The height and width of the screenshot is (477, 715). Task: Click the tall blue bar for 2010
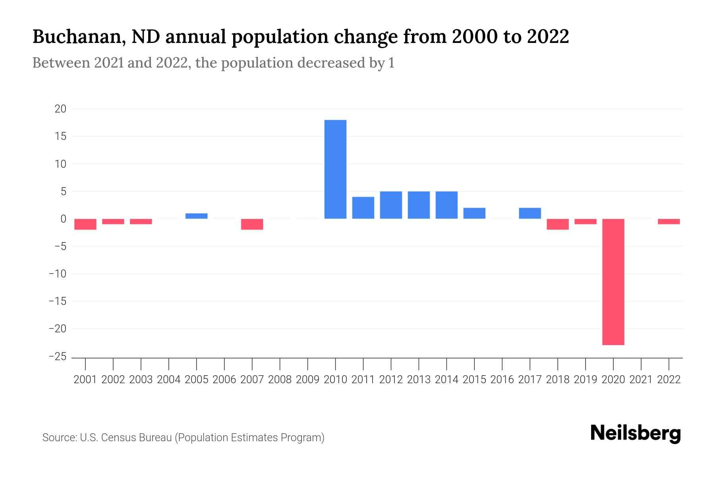click(x=335, y=169)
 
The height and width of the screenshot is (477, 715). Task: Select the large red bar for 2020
click(x=613, y=282)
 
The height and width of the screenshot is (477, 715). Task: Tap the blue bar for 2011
click(x=363, y=208)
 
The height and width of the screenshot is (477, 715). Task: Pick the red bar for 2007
click(x=252, y=224)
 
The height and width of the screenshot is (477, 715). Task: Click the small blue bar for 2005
click(x=196, y=216)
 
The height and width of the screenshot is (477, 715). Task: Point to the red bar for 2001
click(x=85, y=224)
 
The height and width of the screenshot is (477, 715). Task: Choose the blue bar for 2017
click(x=529, y=213)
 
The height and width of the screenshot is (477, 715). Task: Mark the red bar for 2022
click(x=669, y=222)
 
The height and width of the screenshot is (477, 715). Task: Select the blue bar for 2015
click(x=474, y=213)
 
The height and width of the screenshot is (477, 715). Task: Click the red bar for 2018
click(x=557, y=224)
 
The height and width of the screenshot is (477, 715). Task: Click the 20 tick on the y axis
click(x=60, y=109)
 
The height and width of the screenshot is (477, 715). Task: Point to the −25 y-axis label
click(x=58, y=357)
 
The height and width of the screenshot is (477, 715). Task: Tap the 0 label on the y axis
click(x=63, y=219)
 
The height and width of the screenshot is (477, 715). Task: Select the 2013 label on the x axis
click(x=419, y=380)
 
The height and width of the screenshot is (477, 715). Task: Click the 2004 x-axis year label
click(x=169, y=380)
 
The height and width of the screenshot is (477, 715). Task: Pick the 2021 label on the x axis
click(x=641, y=380)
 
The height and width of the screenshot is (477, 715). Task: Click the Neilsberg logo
click(x=636, y=433)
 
